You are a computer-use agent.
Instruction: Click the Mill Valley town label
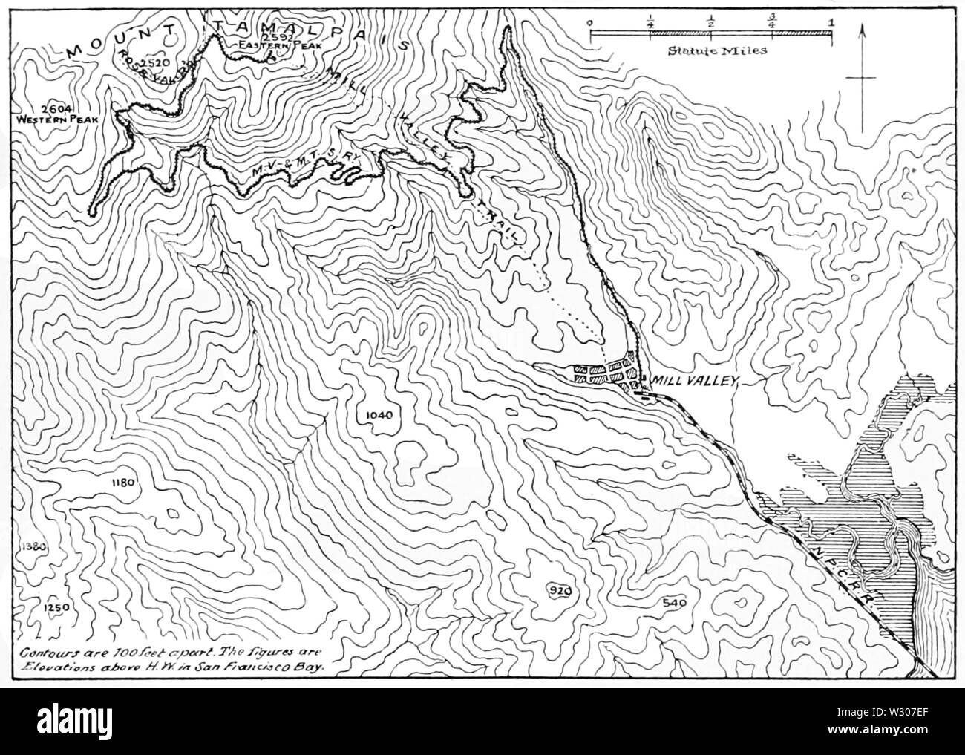pyautogui.click(x=693, y=381)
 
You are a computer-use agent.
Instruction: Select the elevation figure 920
pyautogui.click(x=560, y=591)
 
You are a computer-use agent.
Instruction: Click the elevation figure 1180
pyautogui.click(x=122, y=483)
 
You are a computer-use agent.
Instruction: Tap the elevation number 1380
pyautogui.click(x=35, y=547)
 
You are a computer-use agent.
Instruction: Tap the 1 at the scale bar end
pyautogui.click(x=832, y=22)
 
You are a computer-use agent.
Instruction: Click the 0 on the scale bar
pyautogui.click(x=589, y=22)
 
